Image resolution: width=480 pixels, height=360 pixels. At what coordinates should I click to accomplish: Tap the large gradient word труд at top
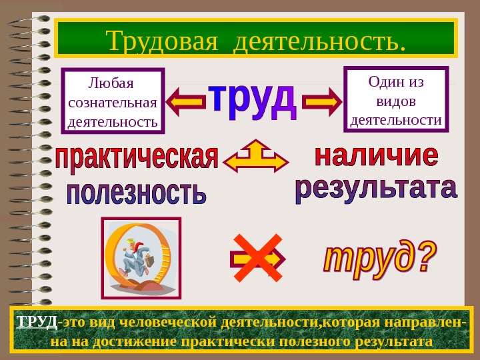253,102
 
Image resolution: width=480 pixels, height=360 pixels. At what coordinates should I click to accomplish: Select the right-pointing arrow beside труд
321,101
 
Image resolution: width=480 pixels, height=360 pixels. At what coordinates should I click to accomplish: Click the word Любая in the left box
111,85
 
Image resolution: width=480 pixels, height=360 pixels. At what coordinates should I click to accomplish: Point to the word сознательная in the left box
113,103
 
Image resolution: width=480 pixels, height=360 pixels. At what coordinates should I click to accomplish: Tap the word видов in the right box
395,101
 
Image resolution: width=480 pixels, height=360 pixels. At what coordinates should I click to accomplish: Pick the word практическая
137,159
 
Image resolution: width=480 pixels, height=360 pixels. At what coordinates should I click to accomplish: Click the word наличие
376,156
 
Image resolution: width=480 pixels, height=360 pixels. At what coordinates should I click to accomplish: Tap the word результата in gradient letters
376,189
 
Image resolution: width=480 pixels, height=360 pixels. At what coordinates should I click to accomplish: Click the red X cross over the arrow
256,257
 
